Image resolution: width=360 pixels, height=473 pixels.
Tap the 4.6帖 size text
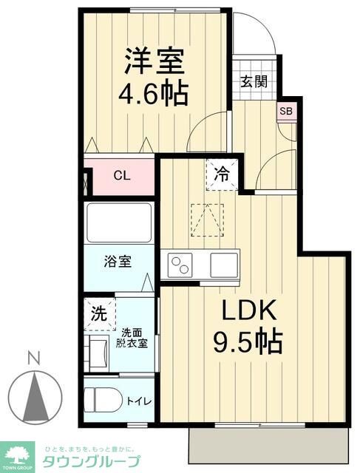[154, 94]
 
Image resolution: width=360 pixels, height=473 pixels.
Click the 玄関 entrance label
[254, 81]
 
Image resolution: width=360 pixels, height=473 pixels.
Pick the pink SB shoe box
[285, 112]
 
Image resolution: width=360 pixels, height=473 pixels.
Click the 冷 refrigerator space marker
[221, 175]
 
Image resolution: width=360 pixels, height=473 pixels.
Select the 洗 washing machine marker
[98, 313]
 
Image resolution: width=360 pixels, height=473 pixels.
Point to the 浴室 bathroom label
[118, 262]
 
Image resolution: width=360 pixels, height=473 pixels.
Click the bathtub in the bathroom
[118, 222]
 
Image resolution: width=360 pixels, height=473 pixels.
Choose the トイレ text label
[140, 401]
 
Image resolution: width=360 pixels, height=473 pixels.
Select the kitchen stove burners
[180, 264]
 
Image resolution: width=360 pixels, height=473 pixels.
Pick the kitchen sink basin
[223, 264]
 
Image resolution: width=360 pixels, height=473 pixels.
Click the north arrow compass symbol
[33, 395]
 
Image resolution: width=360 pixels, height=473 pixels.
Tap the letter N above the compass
[33, 358]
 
